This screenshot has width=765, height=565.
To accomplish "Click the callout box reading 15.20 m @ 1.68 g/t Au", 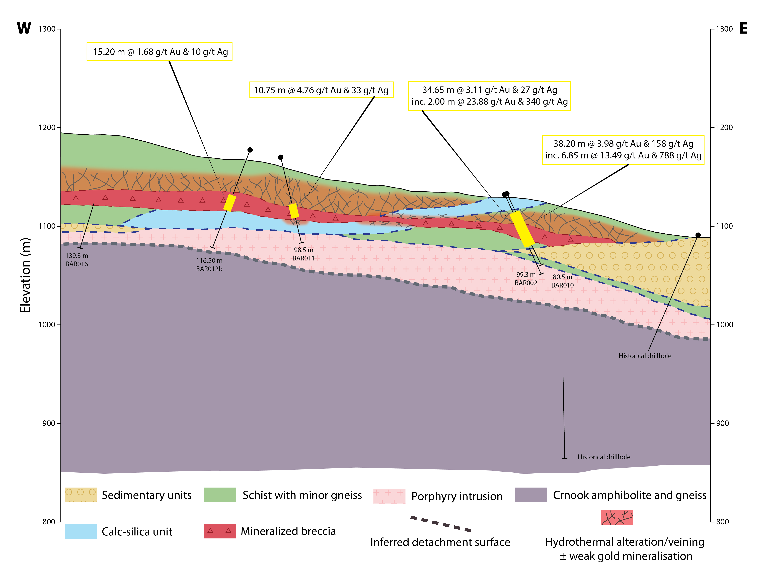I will [160, 52].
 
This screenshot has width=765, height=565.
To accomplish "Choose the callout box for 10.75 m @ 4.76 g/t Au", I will [321, 90].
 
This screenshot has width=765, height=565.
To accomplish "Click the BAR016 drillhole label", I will [77, 264].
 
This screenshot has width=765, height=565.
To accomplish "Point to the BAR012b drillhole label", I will [209, 269].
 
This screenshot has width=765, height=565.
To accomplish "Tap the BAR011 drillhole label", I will [303, 258].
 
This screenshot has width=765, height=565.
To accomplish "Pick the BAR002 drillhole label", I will [526, 283].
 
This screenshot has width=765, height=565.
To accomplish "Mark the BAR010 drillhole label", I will [562, 285].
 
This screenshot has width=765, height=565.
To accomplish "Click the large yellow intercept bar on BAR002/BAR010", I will [522, 229].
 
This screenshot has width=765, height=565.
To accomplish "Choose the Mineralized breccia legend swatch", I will [220, 531].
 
